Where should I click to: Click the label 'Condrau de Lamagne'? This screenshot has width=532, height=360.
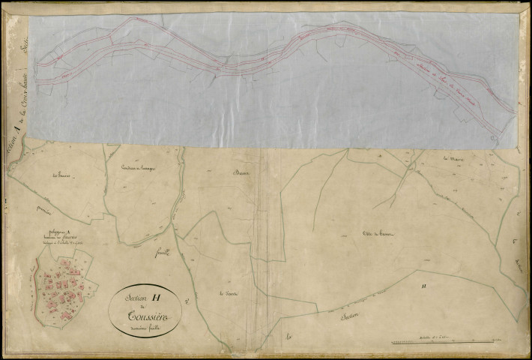tap(136, 166)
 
